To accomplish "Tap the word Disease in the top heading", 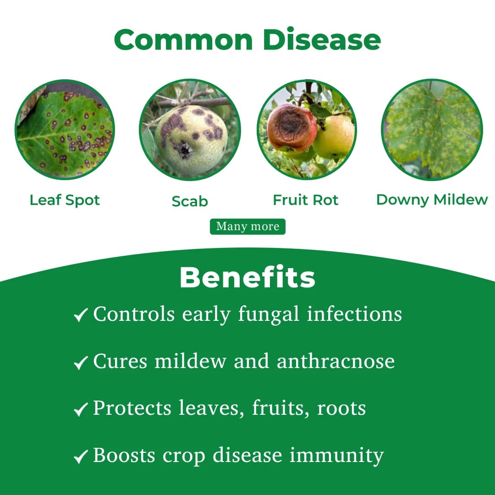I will tap(322, 40).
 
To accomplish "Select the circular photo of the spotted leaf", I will tap(65, 129).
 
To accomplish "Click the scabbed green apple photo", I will tap(190, 130).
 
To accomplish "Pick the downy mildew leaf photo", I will tap(432, 130).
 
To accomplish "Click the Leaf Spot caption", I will tap(65, 200).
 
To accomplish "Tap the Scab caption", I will tap(190, 201).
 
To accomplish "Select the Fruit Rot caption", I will tap(306, 200).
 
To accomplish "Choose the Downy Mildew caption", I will tap(432, 200).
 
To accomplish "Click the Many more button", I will tap(247, 226).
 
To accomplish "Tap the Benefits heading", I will tap(247, 277).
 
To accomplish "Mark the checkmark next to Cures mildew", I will tap(81, 363).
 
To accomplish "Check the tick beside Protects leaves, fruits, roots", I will tap(81, 409).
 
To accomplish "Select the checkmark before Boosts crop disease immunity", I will tap(81, 456).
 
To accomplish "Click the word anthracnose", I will tap(335, 361).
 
